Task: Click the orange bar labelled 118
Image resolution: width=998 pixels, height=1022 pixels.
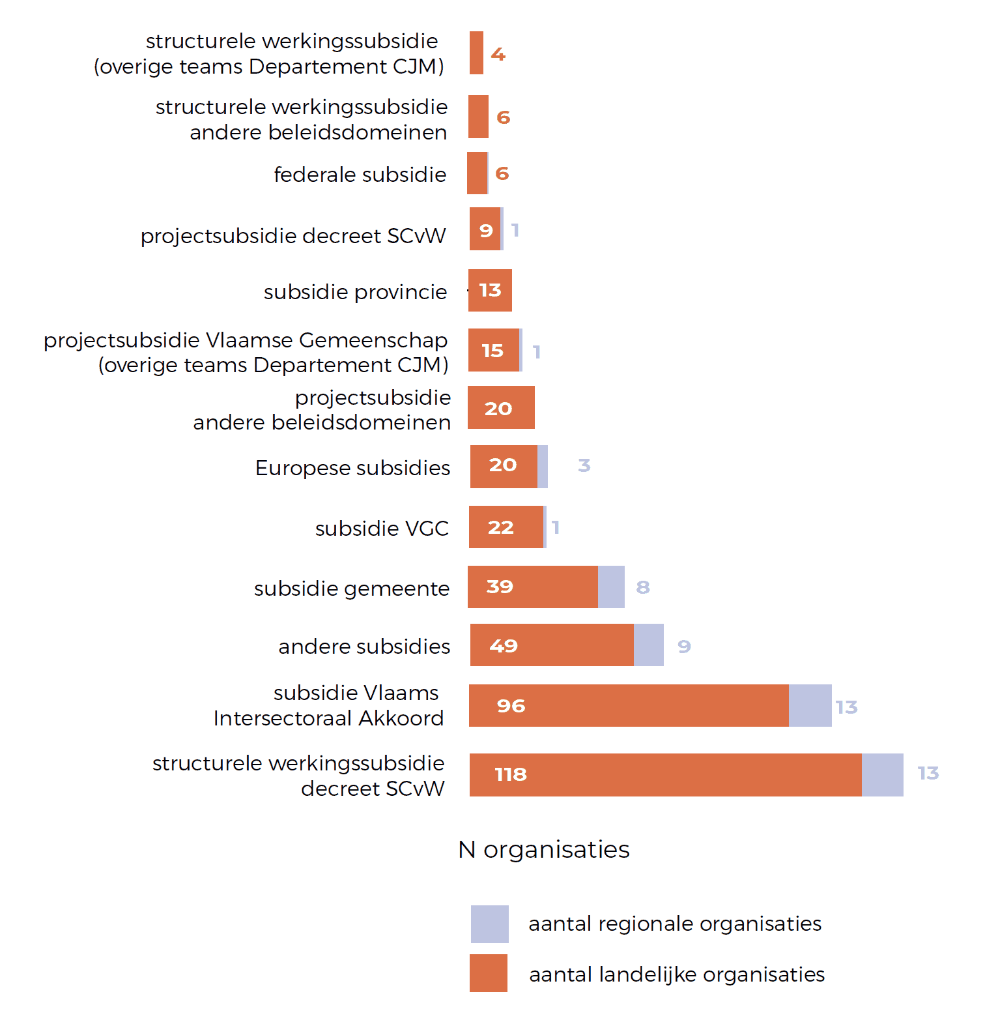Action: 665,775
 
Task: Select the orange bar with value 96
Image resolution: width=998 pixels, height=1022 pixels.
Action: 629,706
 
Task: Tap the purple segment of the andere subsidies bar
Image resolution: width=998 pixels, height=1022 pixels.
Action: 649,645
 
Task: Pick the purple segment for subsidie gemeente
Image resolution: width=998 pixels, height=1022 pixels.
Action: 611,587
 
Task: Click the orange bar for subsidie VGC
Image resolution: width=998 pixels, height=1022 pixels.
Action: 506,527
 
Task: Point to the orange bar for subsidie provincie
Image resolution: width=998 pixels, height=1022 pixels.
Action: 490,291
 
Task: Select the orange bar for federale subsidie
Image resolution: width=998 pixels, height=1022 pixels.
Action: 477,173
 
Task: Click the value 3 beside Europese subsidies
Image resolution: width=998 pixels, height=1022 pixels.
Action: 584,465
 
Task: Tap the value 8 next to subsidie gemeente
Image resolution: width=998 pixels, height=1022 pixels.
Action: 643,587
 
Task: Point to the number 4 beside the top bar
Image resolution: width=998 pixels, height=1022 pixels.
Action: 498,54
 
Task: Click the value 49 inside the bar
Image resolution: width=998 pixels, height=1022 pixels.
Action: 504,646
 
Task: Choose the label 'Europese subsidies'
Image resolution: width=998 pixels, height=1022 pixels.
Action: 352,468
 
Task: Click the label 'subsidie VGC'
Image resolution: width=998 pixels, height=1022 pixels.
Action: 382,528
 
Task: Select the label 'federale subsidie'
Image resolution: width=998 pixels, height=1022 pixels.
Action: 360,175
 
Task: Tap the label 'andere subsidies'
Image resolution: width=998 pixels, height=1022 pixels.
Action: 364,647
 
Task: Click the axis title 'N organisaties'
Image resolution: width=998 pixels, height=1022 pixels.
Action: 544,849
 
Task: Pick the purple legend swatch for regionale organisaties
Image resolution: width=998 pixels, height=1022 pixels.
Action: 490,924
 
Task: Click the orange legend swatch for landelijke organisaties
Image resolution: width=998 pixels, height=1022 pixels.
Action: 489,973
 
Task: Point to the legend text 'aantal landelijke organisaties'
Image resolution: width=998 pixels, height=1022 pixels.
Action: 677,974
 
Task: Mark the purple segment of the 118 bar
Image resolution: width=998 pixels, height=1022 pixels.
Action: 883,775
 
